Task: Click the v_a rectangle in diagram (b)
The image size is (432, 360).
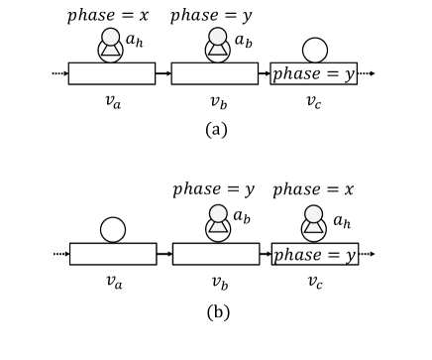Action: click(x=111, y=254)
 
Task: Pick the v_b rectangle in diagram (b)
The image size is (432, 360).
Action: click(x=214, y=254)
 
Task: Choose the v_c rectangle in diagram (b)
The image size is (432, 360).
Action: click(x=316, y=254)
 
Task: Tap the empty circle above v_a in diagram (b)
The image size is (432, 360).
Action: click(x=111, y=229)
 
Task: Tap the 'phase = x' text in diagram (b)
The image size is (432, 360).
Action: click(x=316, y=189)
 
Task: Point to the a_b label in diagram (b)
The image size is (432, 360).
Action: click(x=242, y=219)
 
